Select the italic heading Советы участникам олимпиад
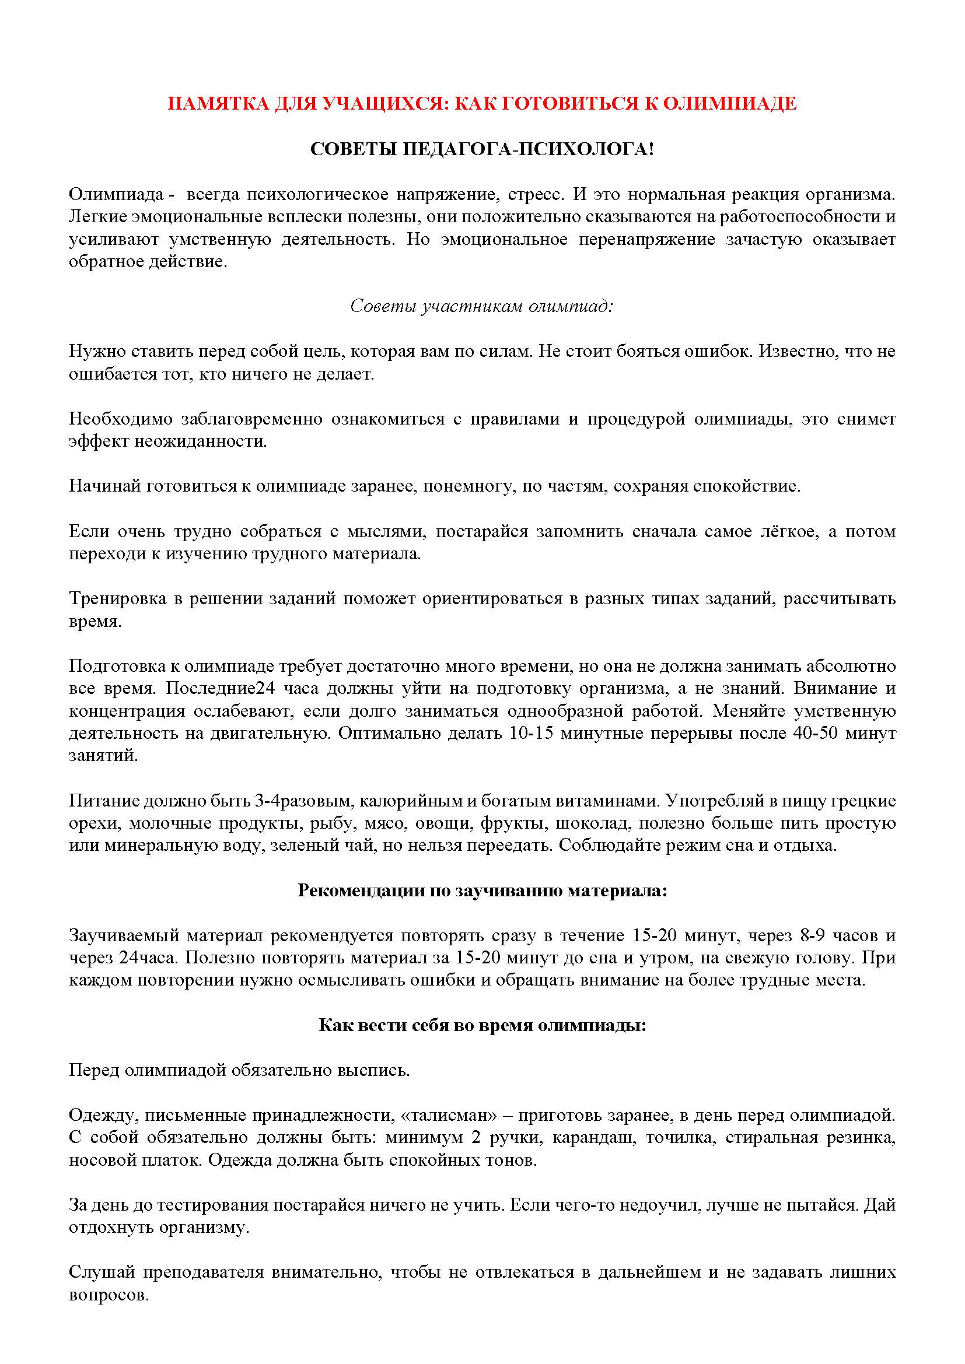[481, 306]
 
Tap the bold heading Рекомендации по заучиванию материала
[482, 890]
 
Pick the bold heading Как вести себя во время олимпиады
[482, 1025]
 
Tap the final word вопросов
[109, 1295]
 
